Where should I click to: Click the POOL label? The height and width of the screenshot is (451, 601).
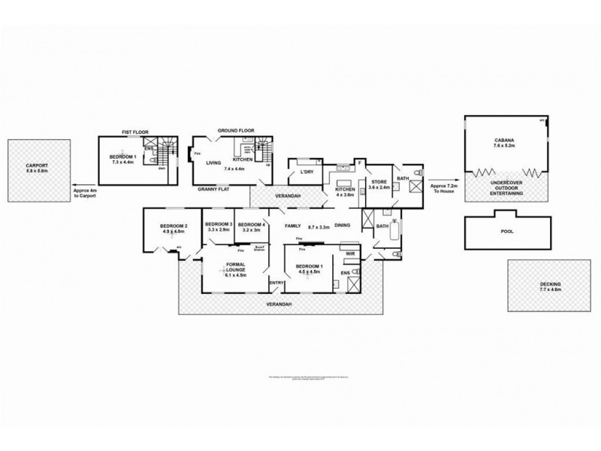point(507,232)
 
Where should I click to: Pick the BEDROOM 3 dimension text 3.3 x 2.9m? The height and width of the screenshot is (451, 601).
point(219,230)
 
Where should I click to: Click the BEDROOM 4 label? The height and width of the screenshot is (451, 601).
point(251,225)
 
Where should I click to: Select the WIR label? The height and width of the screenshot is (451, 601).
point(349,255)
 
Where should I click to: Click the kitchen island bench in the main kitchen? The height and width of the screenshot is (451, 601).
point(346,183)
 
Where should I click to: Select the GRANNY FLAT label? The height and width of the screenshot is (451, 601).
point(214,190)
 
